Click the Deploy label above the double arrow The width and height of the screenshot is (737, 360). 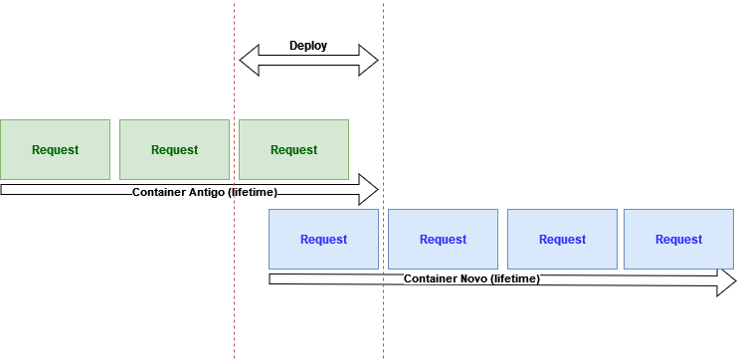point(308,46)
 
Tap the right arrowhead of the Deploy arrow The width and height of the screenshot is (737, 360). point(369,60)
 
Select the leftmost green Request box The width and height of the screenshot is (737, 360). point(55,149)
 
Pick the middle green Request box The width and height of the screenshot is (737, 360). point(174,149)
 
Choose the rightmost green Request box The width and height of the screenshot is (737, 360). point(293,149)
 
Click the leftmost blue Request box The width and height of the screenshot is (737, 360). point(323,239)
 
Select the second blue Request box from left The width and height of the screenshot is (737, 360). point(443,239)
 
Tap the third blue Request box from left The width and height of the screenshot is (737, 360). point(562,239)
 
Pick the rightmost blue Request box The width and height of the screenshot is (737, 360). point(678,239)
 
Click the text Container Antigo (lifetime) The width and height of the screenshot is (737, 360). point(204,191)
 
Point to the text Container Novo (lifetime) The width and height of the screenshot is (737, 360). point(471,279)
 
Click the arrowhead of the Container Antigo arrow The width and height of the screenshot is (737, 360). point(369,188)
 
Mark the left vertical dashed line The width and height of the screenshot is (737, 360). point(235,318)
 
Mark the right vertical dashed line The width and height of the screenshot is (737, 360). point(384,318)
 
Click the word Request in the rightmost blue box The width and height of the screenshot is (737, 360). point(678,239)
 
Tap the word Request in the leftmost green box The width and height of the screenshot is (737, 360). point(55,150)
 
